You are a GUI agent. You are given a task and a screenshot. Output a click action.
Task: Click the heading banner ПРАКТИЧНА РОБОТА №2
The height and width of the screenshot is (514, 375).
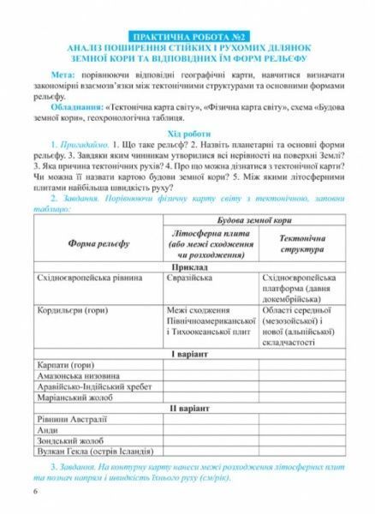click(187, 36)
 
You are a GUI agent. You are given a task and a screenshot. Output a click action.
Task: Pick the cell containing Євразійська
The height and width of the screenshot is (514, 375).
click(190, 279)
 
